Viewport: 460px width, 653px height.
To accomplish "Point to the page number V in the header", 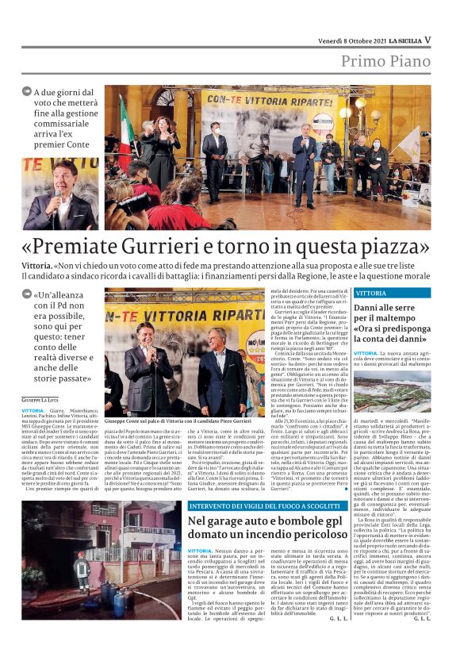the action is click(x=427, y=39).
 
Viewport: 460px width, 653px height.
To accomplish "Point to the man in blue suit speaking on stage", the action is click(x=305, y=159).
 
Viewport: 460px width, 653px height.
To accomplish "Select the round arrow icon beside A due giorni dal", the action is click(x=26, y=93).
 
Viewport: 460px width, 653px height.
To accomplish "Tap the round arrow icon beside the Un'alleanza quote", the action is click(x=26, y=295).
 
